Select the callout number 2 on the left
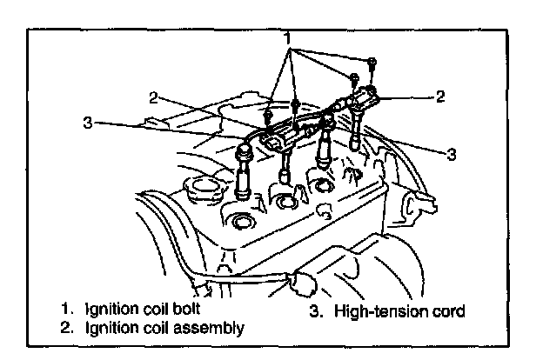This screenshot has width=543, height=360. click(153, 97)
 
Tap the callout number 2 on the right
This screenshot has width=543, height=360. click(440, 97)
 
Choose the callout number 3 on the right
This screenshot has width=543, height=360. click(451, 155)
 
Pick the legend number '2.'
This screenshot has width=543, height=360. click(67, 328)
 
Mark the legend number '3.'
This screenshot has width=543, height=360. click(315, 310)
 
